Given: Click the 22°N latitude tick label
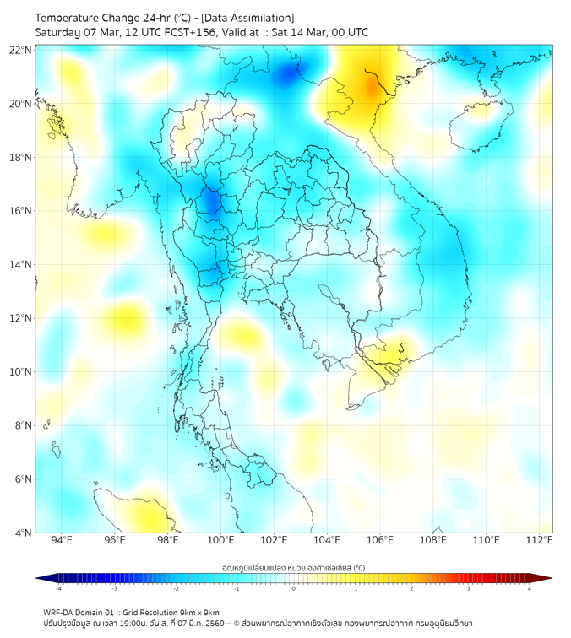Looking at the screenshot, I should tap(21, 50).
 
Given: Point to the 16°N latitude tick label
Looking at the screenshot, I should tap(21, 211).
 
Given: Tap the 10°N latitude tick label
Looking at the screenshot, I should tap(21, 372).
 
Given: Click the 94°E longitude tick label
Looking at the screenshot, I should tap(62, 541).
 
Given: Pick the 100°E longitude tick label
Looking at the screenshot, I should tap(220, 541).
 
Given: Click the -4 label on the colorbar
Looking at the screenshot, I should tap(57, 589).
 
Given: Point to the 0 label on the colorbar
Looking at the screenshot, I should tap(294, 589).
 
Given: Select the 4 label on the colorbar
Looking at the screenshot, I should tap(529, 589).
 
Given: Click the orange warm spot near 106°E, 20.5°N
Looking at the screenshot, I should tap(372, 87).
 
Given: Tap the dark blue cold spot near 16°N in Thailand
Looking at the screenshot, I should tap(209, 203).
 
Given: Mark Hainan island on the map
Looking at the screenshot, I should tap(480, 127).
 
